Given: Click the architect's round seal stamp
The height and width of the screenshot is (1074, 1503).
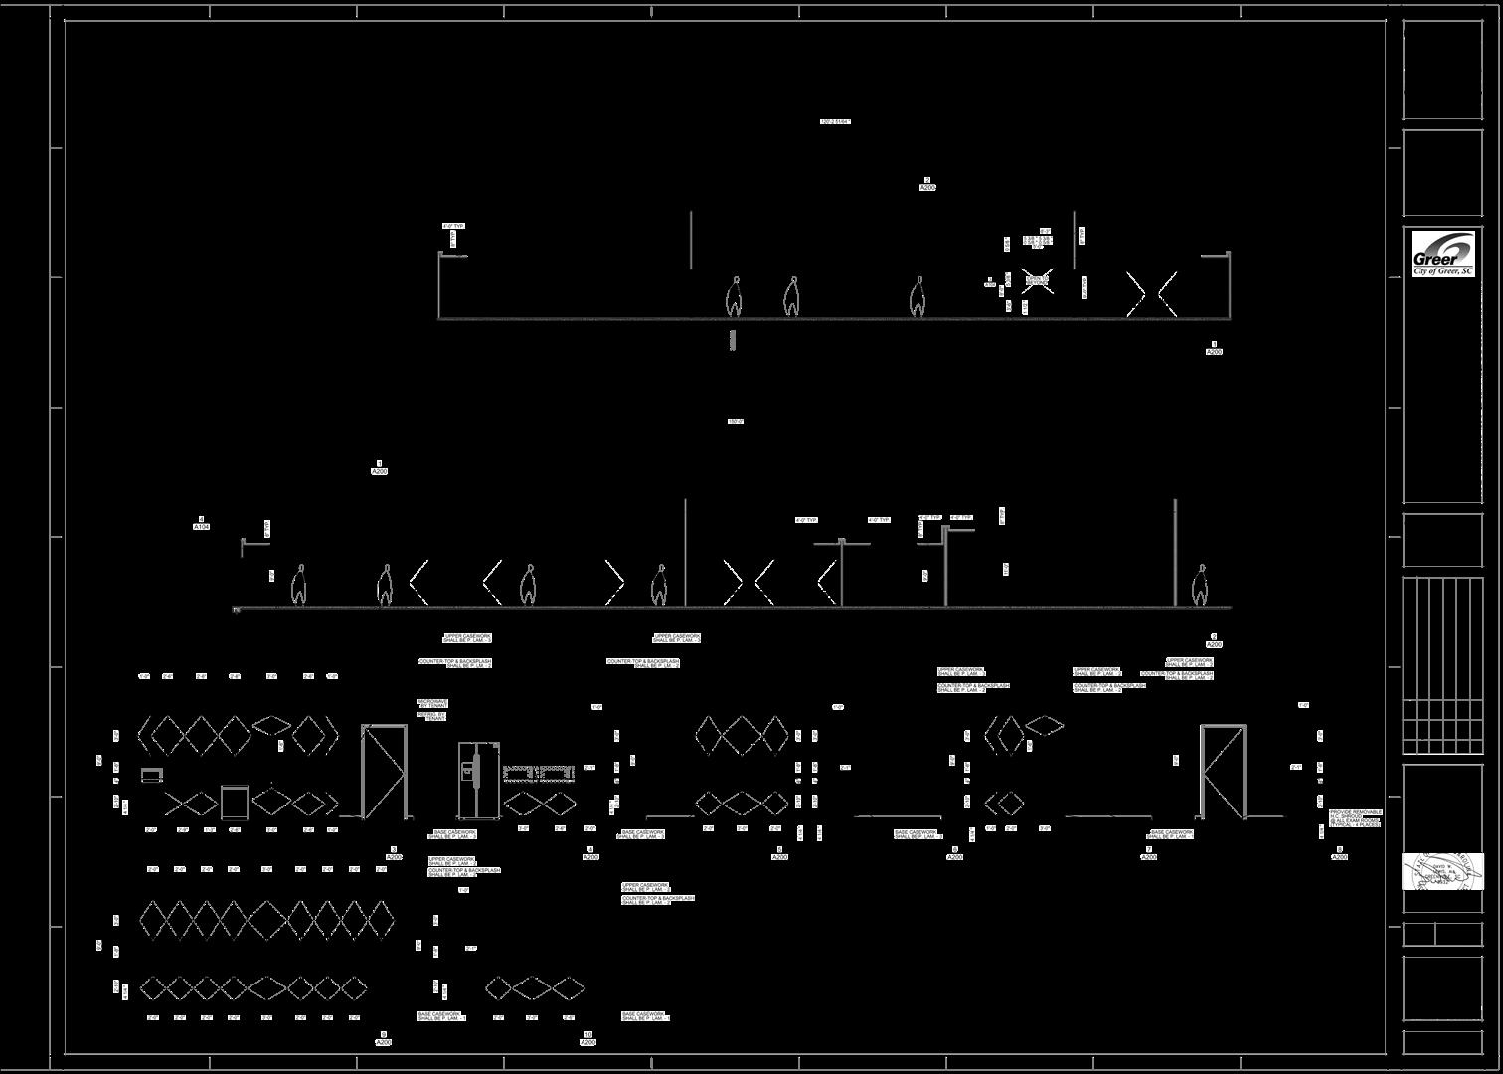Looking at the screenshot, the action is point(1442,873).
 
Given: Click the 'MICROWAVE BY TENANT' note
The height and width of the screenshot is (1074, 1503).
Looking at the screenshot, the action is point(432,703).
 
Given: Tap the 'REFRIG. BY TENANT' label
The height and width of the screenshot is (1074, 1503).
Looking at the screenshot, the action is point(432,716).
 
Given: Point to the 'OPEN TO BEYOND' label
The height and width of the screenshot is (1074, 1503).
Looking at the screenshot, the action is point(1037,280).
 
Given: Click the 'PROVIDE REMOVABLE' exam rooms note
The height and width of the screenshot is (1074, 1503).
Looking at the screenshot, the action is point(1355,818).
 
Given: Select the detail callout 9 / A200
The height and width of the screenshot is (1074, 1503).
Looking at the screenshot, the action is point(384,1039).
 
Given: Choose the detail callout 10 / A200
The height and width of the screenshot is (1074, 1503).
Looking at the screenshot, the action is point(587,1039).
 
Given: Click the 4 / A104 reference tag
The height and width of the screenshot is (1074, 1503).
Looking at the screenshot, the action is point(202,523).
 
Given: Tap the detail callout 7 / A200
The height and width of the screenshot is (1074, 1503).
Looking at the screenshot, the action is point(1148,853).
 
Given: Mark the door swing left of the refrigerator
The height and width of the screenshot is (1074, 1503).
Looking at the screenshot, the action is point(384,772).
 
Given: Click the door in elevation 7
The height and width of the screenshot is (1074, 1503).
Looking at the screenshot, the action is point(1223,772).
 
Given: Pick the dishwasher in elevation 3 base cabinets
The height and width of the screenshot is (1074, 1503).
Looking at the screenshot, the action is point(234,801).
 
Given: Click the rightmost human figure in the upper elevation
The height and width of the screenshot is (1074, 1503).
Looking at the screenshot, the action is point(918,297).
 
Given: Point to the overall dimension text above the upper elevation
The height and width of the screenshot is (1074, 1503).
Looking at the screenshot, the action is point(835,122).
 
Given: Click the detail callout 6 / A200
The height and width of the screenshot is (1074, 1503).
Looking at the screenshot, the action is point(954,853).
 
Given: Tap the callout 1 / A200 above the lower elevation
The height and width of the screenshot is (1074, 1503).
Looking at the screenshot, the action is point(379,468).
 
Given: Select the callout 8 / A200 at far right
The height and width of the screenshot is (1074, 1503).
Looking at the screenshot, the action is point(1339,853).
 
